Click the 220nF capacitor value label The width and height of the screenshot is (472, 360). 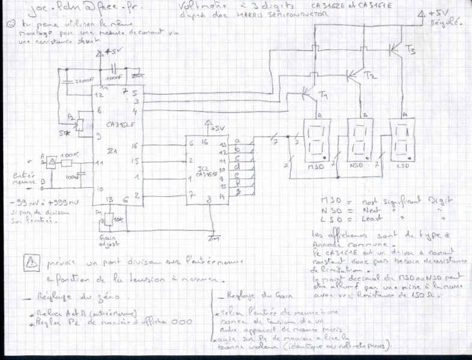tap(80, 79)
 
